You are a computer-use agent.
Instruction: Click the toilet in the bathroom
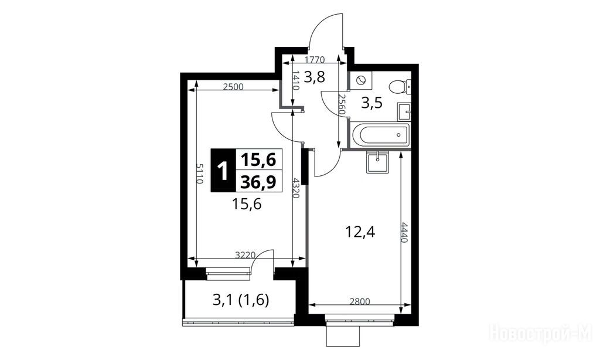[400, 86]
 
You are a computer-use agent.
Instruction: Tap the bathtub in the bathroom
[380, 135]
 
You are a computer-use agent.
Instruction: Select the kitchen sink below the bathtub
[377, 162]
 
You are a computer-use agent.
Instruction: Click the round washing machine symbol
[361, 80]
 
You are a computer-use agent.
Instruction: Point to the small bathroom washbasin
[404, 112]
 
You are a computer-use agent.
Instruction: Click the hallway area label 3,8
[315, 77]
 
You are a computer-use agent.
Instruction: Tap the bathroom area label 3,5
[372, 103]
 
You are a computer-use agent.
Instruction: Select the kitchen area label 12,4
[360, 232]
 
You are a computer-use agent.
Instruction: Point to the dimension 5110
[199, 174]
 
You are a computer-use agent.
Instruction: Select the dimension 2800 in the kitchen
[360, 302]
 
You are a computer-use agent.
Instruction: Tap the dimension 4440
[405, 232]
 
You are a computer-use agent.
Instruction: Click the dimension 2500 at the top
[233, 87]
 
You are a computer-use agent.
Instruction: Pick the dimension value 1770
[315, 59]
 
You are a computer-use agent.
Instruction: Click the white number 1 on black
[222, 171]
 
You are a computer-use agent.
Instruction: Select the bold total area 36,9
[258, 182]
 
